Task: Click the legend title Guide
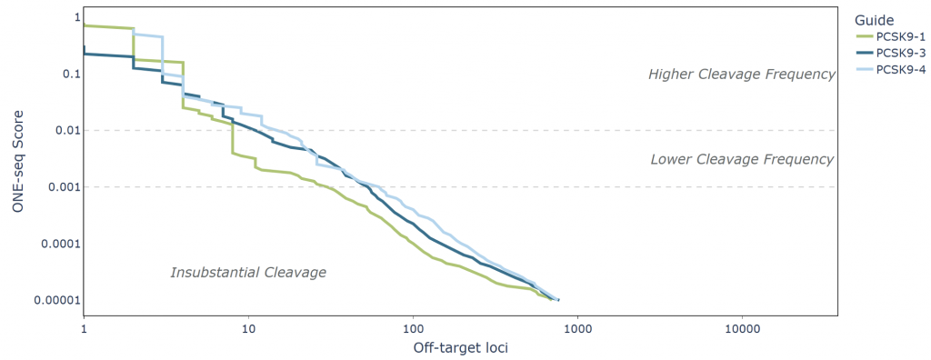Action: point(874,19)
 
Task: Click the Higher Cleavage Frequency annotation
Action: point(741,75)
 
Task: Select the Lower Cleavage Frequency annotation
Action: point(742,159)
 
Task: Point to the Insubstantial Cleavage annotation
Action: point(248,272)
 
